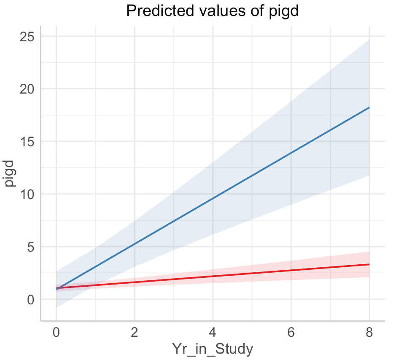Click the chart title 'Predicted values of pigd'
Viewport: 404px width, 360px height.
212,11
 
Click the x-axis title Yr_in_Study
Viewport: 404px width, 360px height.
213,349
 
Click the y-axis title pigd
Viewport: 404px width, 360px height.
11,173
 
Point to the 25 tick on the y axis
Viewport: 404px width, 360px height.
27,37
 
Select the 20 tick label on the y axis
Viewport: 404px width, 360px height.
27,89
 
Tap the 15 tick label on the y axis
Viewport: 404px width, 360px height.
27,142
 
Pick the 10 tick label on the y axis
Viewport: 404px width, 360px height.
27,194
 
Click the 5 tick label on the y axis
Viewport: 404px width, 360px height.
30,247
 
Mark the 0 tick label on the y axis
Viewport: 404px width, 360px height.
30,299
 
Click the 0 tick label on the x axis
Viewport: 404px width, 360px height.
57,332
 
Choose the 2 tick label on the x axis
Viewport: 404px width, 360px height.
135,332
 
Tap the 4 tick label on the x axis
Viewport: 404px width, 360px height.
213,332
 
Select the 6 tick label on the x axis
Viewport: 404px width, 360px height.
291,332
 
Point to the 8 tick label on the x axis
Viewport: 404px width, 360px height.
369,332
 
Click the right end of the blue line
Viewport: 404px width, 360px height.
369,107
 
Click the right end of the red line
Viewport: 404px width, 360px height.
369,264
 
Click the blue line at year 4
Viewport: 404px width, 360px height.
213,198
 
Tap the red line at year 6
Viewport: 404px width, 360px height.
291,270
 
